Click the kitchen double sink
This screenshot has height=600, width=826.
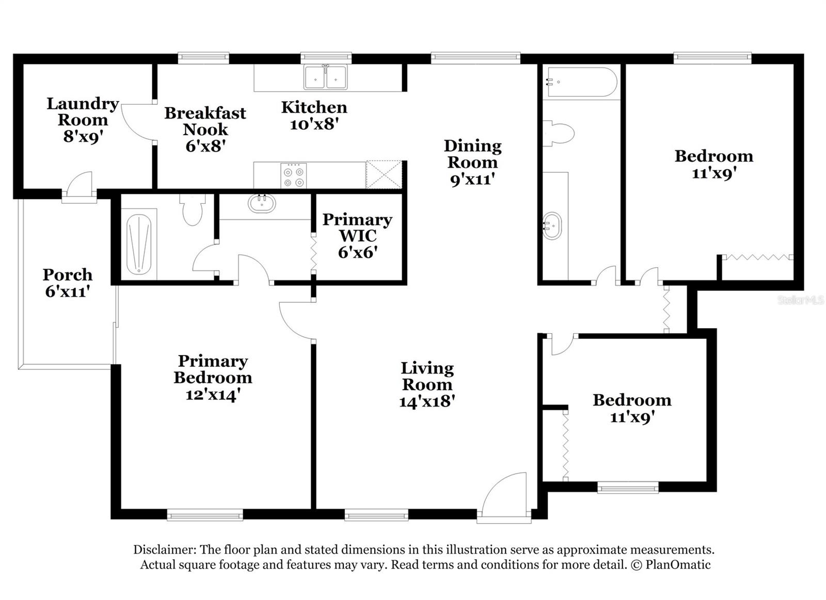coord(325,77)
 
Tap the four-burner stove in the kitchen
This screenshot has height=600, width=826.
coord(293,175)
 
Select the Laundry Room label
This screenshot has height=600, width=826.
coord(83,111)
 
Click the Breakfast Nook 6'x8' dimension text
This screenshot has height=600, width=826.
coord(205,146)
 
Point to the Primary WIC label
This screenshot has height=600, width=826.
coord(357,228)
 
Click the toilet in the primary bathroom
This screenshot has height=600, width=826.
coord(193,210)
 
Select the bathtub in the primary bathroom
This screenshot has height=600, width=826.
coord(138,245)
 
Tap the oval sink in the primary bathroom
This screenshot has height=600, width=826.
coord(262,203)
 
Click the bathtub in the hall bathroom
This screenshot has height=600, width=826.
coord(581,82)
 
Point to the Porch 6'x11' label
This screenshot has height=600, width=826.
coord(68,283)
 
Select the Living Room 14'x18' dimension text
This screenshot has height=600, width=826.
coord(426,401)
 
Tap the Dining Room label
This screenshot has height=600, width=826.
coord(472,154)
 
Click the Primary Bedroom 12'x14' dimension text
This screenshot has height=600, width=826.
coord(213,395)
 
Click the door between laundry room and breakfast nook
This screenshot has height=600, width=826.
coord(138,122)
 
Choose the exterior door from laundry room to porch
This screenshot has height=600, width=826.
coord(79,187)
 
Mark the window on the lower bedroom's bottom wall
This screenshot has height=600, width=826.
coord(628,487)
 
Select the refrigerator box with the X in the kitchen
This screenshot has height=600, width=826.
coord(384,174)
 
